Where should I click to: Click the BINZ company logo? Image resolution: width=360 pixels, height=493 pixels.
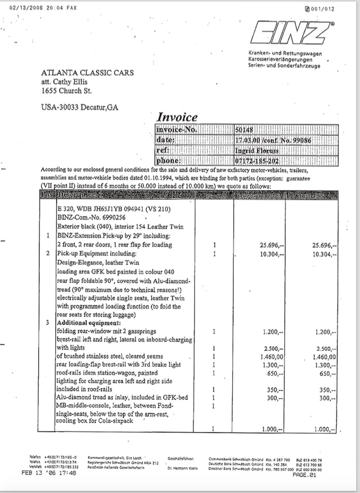point(291,35)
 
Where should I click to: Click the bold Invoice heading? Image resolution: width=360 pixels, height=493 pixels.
point(177,118)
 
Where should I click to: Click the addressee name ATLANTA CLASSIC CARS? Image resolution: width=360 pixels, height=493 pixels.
point(87,73)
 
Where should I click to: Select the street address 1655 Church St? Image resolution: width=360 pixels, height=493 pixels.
point(67,91)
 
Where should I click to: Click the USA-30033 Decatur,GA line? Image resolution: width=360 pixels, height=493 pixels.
point(80,108)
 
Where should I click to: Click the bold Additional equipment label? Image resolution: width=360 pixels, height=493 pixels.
point(89,323)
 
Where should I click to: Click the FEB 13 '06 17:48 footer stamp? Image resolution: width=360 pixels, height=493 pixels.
point(50,473)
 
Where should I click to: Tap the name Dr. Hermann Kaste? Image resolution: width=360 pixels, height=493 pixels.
point(182,468)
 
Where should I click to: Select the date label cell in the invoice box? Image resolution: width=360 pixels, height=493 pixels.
point(166,140)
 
